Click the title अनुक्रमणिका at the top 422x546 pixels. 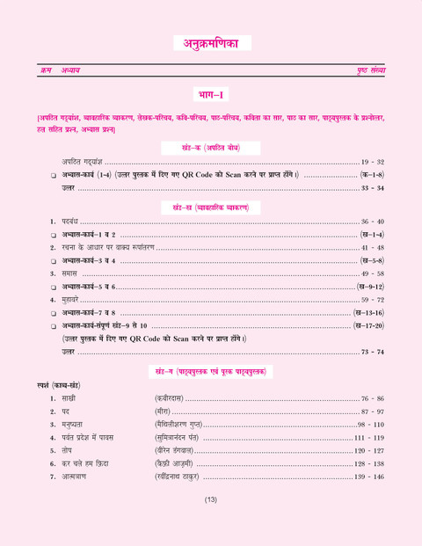click(211, 42)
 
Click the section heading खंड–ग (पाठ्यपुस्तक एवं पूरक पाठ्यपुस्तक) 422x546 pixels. click(212, 365)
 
